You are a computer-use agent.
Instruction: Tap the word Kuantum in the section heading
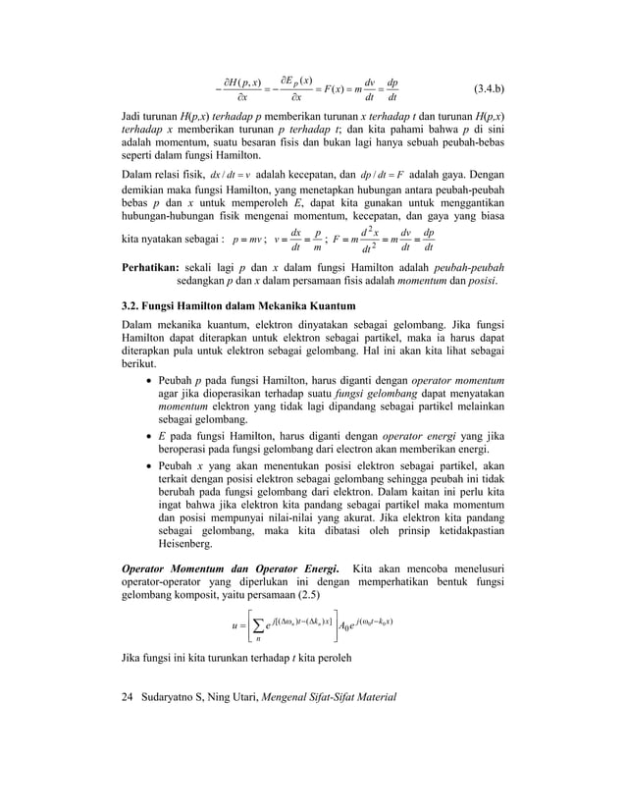[x=329, y=305]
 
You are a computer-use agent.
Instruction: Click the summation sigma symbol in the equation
[x=256, y=624]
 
